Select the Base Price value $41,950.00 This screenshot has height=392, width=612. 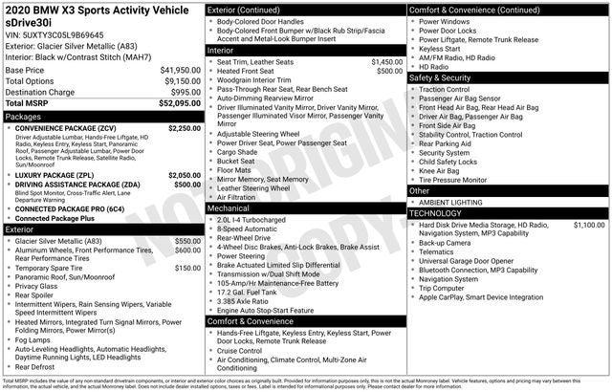[x=180, y=70]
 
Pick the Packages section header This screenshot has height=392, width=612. [x=24, y=116]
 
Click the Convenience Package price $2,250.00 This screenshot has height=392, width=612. [x=185, y=127]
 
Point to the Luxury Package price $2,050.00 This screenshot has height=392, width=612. [x=185, y=175]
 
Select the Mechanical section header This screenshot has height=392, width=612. [x=229, y=207]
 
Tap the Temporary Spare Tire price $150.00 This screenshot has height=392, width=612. [x=188, y=268]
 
